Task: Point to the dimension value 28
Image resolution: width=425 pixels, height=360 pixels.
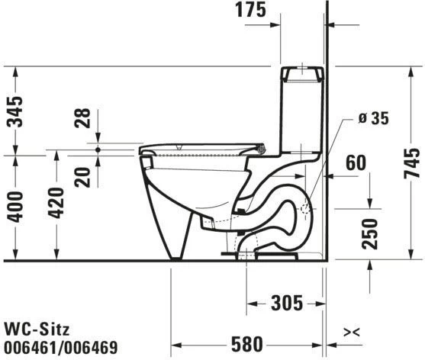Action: click(83, 119)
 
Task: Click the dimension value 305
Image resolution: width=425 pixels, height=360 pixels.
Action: click(285, 304)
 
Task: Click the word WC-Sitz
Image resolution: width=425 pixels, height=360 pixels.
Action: click(37, 329)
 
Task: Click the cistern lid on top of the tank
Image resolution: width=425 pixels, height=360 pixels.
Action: click(302, 74)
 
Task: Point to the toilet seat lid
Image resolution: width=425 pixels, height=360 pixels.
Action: click(202, 146)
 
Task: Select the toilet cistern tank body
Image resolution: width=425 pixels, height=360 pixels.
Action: click(301, 114)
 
